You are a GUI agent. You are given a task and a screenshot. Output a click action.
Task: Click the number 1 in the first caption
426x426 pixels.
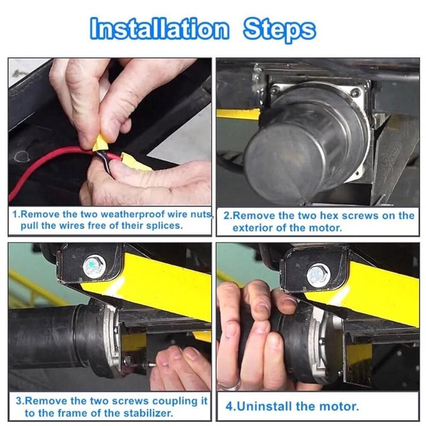point(15,215)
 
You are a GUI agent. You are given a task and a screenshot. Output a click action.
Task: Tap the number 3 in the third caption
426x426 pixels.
point(17,400)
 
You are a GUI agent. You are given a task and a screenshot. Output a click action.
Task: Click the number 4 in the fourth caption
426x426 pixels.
point(229,406)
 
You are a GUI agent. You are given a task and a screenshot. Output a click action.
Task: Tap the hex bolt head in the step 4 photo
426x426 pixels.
point(318,275)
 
